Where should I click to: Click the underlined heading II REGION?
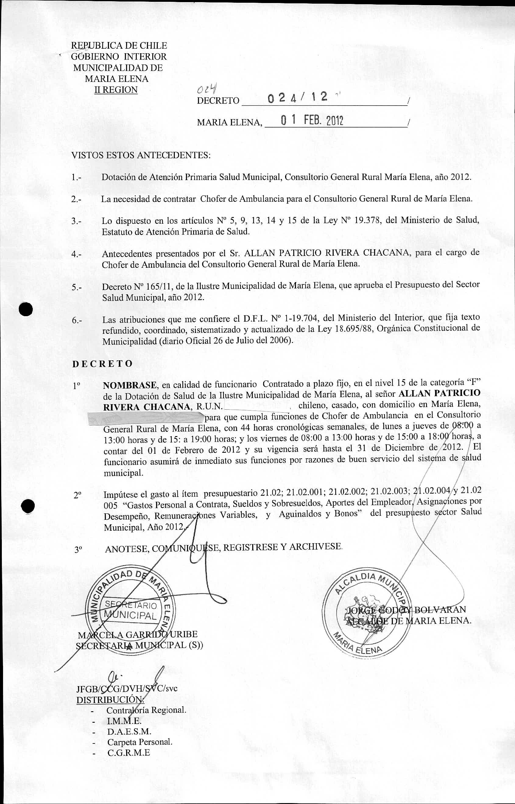click(x=116, y=90)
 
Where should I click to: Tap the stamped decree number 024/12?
click(x=297, y=97)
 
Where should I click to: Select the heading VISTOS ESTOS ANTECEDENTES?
click(x=141, y=156)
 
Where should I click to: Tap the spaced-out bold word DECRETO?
click(x=102, y=364)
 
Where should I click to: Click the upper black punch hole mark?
click(x=26, y=309)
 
